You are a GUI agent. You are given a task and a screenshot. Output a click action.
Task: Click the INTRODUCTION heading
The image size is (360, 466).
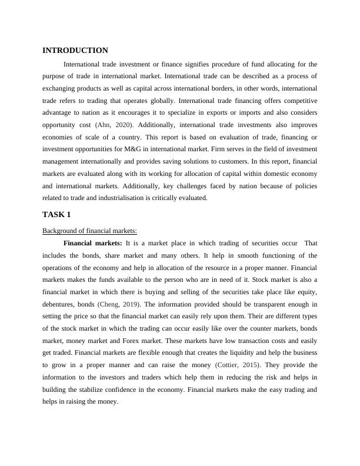(x=75, y=51)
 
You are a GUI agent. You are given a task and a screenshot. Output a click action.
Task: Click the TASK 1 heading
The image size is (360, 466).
(x=56, y=214)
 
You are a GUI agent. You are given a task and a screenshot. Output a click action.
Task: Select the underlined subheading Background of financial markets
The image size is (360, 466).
(x=89, y=230)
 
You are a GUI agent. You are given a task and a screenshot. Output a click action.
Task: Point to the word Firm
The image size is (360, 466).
(x=224, y=150)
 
